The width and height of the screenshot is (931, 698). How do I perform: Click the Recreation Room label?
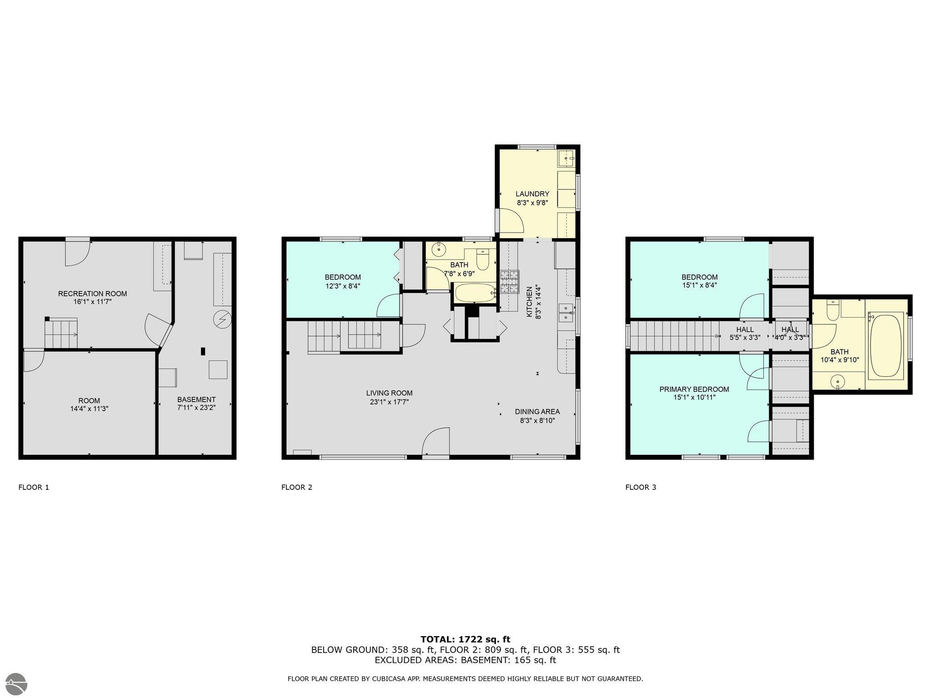(92, 294)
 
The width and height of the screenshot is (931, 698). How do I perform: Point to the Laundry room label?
(532, 194)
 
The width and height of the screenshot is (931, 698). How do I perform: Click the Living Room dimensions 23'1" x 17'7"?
(389, 402)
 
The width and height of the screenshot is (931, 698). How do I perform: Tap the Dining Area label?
(537, 412)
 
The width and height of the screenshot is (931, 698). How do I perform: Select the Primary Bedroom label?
(694, 389)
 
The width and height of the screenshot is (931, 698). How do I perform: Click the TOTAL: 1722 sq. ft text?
(465, 639)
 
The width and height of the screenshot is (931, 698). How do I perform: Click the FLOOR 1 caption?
(34, 487)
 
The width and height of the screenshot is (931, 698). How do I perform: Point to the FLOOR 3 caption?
(641, 487)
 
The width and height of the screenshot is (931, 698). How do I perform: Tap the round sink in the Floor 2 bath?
(439, 249)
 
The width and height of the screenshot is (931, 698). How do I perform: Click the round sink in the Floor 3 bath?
(837, 382)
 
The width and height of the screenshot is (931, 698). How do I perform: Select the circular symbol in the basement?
(223, 319)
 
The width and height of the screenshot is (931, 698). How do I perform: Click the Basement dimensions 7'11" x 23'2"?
(196, 408)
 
